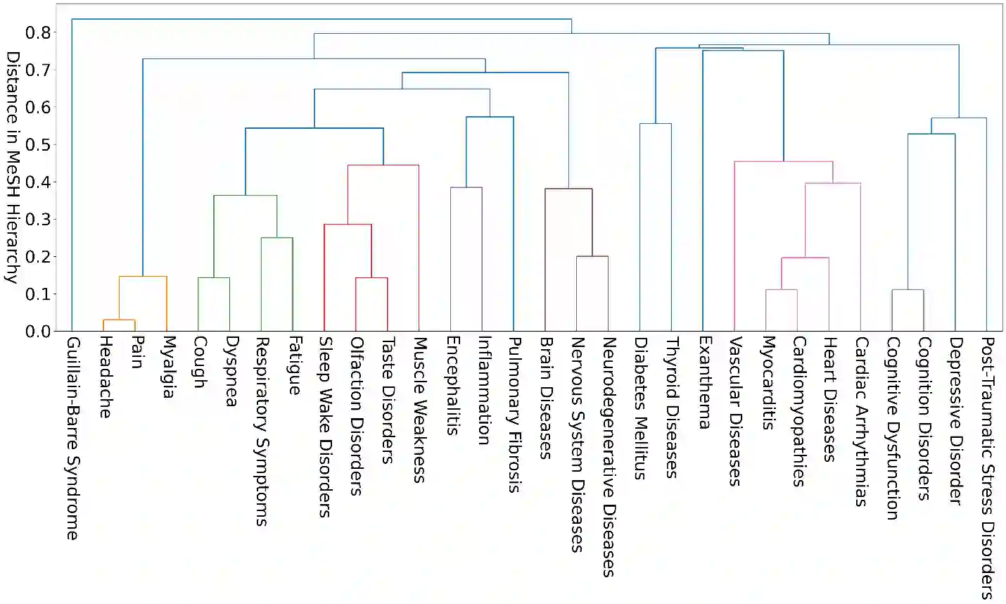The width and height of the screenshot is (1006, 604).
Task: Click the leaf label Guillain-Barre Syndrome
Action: pyautogui.click(x=72, y=438)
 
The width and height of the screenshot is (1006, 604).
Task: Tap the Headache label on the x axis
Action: pyautogui.click(x=104, y=377)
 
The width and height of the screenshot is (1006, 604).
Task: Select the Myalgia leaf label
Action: pyautogui.click(x=167, y=367)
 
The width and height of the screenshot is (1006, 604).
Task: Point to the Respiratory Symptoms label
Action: pyautogui.click(x=261, y=431)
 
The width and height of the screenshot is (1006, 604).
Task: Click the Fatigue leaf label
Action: pyautogui.click(x=293, y=365)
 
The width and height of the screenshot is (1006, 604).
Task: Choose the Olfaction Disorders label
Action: pyautogui.click(x=356, y=415)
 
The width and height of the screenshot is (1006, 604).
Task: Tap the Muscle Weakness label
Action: pyautogui.click(x=419, y=410)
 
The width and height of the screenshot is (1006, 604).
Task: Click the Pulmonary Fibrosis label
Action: pyautogui.click(x=514, y=414)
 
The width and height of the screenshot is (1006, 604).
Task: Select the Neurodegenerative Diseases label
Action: pyautogui.click(x=609, y=456)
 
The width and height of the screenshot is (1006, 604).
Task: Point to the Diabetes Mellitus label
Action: pyautogui.click(x=639, y=408)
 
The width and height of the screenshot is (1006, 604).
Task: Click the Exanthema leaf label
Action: pyautogui.click(x=703, y=382)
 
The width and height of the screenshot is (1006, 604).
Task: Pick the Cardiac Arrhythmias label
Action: pyautogui.click(x=860, y=421)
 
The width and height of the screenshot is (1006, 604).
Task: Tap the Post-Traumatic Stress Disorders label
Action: pyautogui.click(x=986, y=467)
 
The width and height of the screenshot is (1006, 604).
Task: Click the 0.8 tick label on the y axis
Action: pyautogui.click(x=38, y=32)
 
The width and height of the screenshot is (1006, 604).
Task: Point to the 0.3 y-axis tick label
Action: pyautogui.click(x=38, y=219)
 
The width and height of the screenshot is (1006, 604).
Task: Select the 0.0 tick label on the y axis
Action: pyautogui.click(x=38, y=331)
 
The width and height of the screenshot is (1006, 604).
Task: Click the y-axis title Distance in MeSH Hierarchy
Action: pyautogui.click(x=11, y=167)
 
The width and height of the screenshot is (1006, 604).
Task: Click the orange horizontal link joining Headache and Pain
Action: pyautogui.click(x=119, y=320)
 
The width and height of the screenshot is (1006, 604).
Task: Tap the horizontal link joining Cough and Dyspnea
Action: pyautogui.click(x=213, y=278)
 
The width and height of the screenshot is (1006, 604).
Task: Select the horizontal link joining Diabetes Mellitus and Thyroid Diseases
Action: pyautogui.click(x=655, y=124)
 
